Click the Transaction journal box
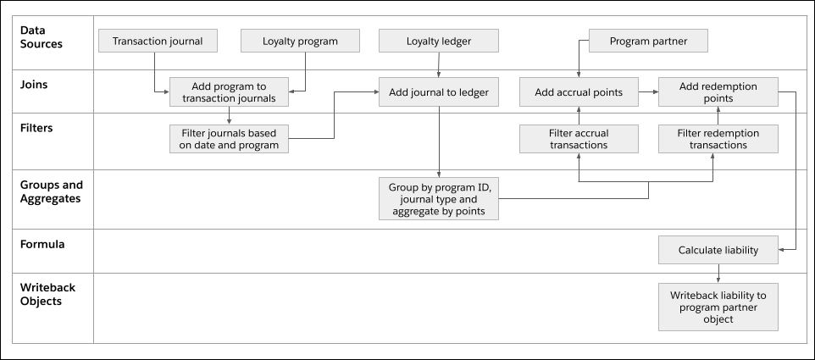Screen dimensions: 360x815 pos(158,41)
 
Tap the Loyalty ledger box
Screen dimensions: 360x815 pos(438,41)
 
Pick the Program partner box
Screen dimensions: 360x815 pos(648,41)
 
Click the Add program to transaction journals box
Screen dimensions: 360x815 pos(230,92)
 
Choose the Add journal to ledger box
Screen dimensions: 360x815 pos(438,92)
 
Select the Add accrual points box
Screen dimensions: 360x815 pos(579,92)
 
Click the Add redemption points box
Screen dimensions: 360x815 pos(718,92)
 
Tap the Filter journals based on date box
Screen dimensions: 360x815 pos(230,139)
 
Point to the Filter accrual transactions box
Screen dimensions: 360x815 pos(579,139)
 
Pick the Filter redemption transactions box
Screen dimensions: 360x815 pos(718,139)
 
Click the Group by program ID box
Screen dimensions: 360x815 pos(438,199)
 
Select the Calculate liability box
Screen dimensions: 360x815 pos(718,251)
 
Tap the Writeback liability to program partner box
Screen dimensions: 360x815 pos(718,307)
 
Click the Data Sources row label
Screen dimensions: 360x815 pos(42,37)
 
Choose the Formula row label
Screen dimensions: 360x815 pos(42,243)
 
